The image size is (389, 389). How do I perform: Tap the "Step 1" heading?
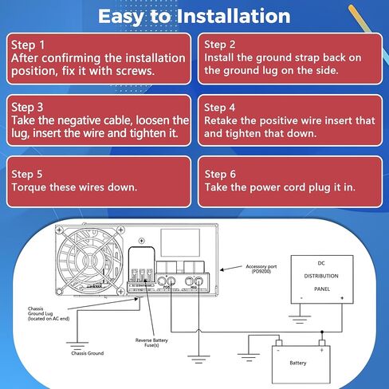tap(29, 45)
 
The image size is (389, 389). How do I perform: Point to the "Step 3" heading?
tap(29, 106)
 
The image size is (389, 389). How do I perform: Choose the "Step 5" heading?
tap(29, 174)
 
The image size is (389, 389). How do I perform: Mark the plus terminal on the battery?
tap(322, 349)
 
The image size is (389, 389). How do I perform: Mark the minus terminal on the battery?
tap(278, 349)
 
